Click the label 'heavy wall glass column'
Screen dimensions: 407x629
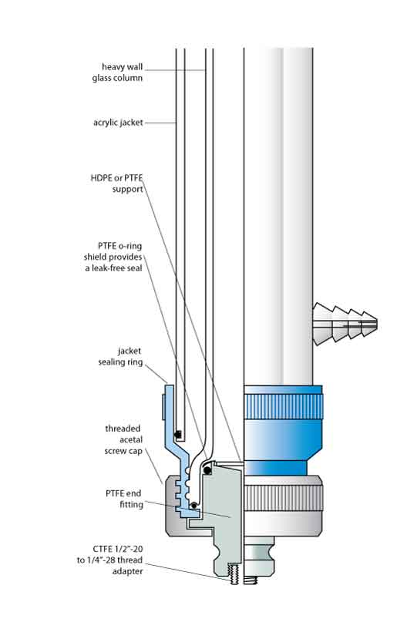coord(117,72)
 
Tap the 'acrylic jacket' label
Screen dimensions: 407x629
coord(118,123)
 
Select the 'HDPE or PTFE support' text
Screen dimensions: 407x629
coord(116,183)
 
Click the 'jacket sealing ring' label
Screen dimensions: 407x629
coord(120,356)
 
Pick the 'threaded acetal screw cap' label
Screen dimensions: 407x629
coord(123,439)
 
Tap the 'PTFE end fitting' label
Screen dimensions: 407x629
coord(124,499)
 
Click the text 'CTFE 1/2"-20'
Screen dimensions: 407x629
coord(117,549)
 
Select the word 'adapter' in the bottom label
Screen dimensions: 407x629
coord(127,571)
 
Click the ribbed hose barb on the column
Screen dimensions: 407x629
coord(345,324)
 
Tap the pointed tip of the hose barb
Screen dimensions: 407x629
coord(377,322)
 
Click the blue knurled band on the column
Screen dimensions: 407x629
coord(283,407)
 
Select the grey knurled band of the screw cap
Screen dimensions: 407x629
coord(283,498)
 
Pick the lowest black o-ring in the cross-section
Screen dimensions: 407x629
coord(194,505)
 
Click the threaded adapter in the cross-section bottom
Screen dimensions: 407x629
coord(234,574)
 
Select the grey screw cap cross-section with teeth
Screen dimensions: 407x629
coord(177,506)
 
